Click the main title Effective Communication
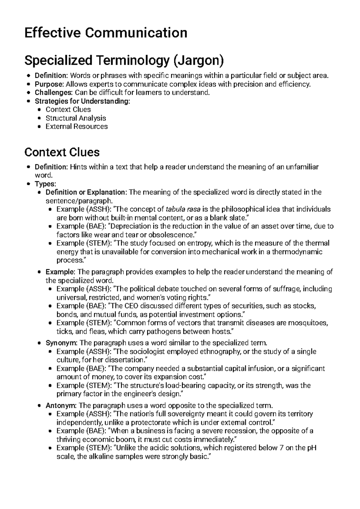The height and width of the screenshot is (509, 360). pyautogui.click(x=106, y=33)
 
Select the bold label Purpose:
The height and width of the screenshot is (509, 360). pyautogui.click(x=49, y=84)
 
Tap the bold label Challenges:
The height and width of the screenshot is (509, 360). pyautogui.click(x=54, y=92)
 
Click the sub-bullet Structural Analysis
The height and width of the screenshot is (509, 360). pyautogui.click(x=76, y=118)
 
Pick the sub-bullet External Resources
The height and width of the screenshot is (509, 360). pyautogui.click(x=76, y=126)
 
